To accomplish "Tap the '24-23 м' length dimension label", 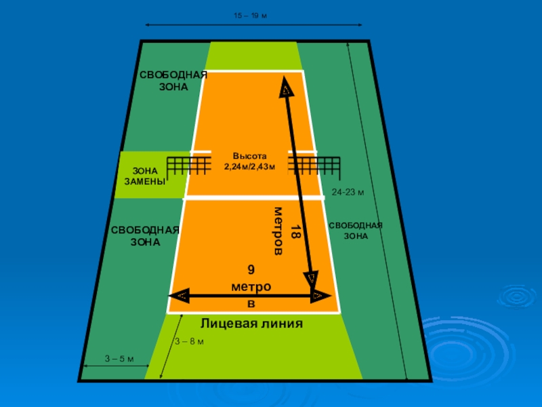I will [x=348, y=193].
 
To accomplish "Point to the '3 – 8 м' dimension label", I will [x=189, y=341].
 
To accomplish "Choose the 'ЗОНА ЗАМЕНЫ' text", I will [x=144, y=177].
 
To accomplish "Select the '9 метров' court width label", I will [x=251, y=288].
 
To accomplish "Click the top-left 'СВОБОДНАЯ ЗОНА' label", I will [x=173, y=81].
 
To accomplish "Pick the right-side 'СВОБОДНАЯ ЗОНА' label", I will [x=356, y=231].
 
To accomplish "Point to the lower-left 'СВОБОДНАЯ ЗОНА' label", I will [x=145, y=235].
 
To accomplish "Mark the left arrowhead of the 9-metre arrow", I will [x=179, y=296].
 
